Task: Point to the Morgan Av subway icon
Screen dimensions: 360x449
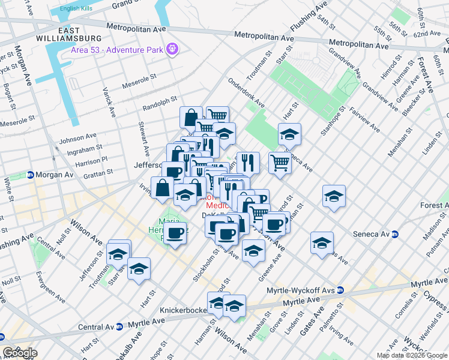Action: click(29, 175)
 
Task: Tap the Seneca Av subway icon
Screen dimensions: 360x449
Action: click(396, 233)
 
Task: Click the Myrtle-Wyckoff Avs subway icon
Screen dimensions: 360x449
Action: click(340, 290)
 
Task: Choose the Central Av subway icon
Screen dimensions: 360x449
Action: click(119, 327)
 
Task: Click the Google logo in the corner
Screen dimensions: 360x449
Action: click(20, 353)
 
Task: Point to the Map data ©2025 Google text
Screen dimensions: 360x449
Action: click(411, 355)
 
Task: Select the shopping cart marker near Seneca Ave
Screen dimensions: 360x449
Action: click(280, 162)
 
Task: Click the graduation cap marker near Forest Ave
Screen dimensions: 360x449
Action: click(333, 196)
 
